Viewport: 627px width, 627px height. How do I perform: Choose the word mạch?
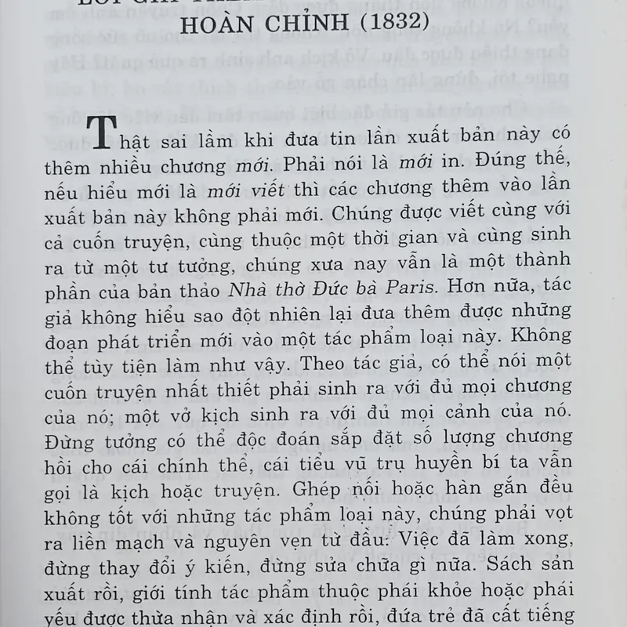tap(161, 538)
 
